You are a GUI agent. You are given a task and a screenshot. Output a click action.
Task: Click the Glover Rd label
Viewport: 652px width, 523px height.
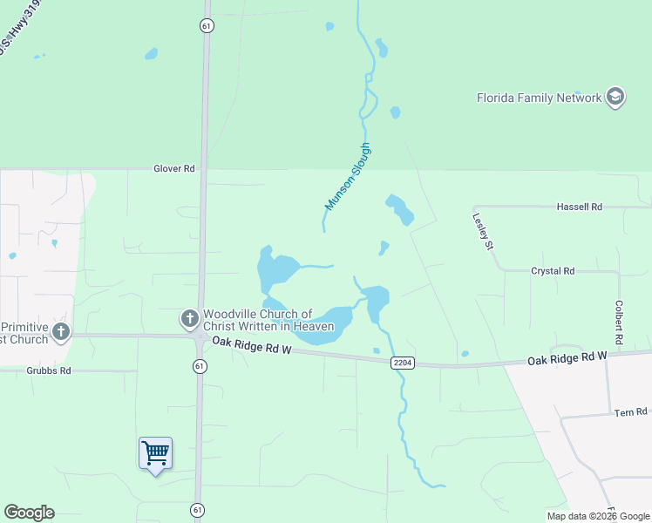click(173, 168)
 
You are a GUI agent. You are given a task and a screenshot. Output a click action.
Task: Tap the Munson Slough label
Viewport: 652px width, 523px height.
click(348, 176)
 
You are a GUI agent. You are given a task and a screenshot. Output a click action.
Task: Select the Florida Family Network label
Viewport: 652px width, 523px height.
click(539, 98)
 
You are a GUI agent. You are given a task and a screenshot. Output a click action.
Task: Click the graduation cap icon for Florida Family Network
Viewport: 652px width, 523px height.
click(615, 97)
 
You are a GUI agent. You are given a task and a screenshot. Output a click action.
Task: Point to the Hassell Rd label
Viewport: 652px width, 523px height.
click(579, 207)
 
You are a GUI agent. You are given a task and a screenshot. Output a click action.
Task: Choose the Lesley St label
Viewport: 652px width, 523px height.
click(482, 232)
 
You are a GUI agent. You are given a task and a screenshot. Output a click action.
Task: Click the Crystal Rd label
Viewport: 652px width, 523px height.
click(553, 271)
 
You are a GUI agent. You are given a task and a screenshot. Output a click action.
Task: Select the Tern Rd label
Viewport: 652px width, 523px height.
click(630, 411)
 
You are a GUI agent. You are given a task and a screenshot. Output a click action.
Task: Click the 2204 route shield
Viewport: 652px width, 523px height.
click(402, 362)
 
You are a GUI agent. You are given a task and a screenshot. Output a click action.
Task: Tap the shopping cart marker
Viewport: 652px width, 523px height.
click(155, 453)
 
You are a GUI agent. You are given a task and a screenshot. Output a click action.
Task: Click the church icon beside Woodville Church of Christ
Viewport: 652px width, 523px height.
click(189, 320)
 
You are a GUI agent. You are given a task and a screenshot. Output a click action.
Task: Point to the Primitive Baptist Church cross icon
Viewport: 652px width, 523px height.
click(60, 331)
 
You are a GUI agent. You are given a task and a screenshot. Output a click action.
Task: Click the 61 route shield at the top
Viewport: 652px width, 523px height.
click(206, 25)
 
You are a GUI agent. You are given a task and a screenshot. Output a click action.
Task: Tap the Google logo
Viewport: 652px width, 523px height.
click(29, 513)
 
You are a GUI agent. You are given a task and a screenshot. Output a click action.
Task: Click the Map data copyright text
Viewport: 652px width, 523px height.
click(598, 516)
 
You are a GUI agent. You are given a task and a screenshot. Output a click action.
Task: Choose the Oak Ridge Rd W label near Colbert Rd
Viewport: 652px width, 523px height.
click(566, 359)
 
